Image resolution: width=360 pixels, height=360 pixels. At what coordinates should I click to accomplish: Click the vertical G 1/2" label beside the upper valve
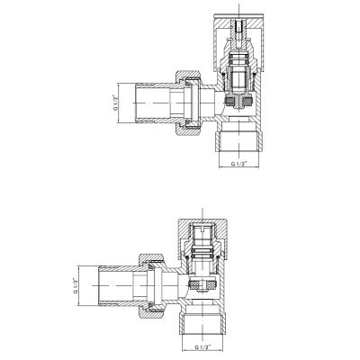click(115, 103)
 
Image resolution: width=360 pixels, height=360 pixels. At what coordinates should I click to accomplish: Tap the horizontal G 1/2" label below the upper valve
click(238, 164)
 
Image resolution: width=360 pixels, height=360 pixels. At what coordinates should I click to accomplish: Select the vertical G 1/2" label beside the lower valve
click(76, 286)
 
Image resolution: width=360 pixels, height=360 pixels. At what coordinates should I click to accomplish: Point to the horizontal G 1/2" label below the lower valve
click(202, 346)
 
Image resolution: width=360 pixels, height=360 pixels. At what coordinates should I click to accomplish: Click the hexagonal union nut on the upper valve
click(188, 103)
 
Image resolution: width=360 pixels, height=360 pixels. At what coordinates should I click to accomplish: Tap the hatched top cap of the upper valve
click(238, 43)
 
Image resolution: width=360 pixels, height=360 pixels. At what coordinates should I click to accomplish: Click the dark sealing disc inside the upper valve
click(238, 102)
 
